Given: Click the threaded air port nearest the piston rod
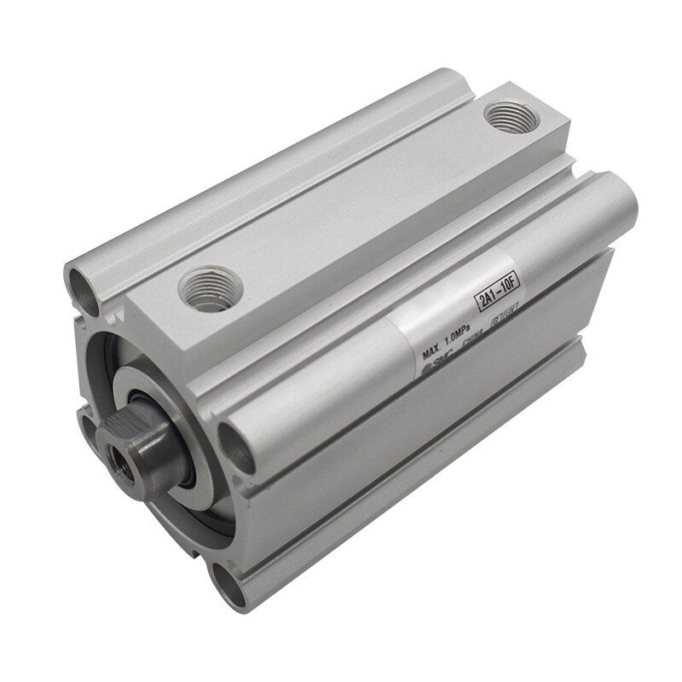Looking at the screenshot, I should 211,288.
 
